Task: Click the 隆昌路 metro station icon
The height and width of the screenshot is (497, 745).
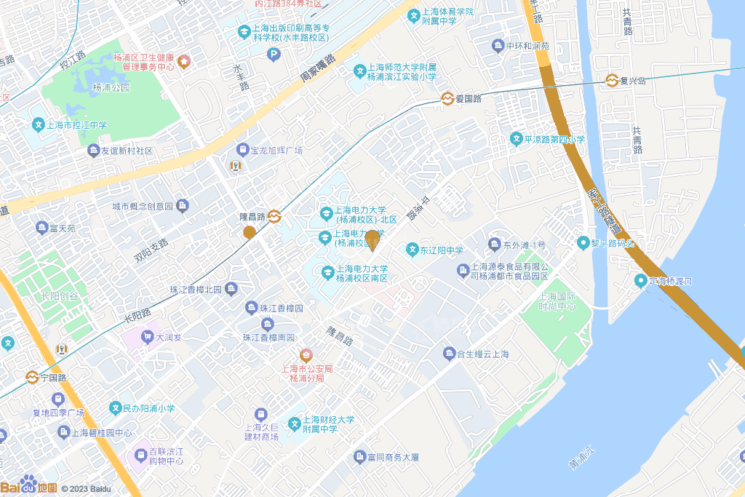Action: click(274, 216)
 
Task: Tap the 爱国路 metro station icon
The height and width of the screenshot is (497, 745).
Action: click(447, 99)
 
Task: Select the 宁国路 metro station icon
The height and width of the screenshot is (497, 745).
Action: click(32, 378)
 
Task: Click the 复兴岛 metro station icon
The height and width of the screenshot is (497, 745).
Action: click(612, 81)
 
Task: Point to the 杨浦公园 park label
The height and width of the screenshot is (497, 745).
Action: click(111, 87)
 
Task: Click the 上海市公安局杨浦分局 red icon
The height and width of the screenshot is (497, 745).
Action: click(306, 355)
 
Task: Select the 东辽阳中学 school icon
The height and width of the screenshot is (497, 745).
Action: click(412, 250)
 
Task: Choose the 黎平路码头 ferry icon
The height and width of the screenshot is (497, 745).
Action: click(583, 242)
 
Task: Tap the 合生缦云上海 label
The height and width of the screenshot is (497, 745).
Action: click(482, 354)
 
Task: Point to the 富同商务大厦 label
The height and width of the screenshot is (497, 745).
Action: click(393, 457)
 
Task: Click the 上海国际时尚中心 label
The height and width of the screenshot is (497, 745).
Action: click(557, 301)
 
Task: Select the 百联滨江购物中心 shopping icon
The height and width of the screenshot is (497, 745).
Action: click(139, 457)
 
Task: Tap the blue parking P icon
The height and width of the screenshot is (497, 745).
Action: click(274, 54)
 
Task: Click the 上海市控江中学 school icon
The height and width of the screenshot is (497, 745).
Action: click(38, 125)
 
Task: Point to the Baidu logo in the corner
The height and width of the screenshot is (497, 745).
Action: click(29, 486)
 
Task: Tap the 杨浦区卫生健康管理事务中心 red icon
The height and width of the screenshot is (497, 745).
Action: click(183, 61)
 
